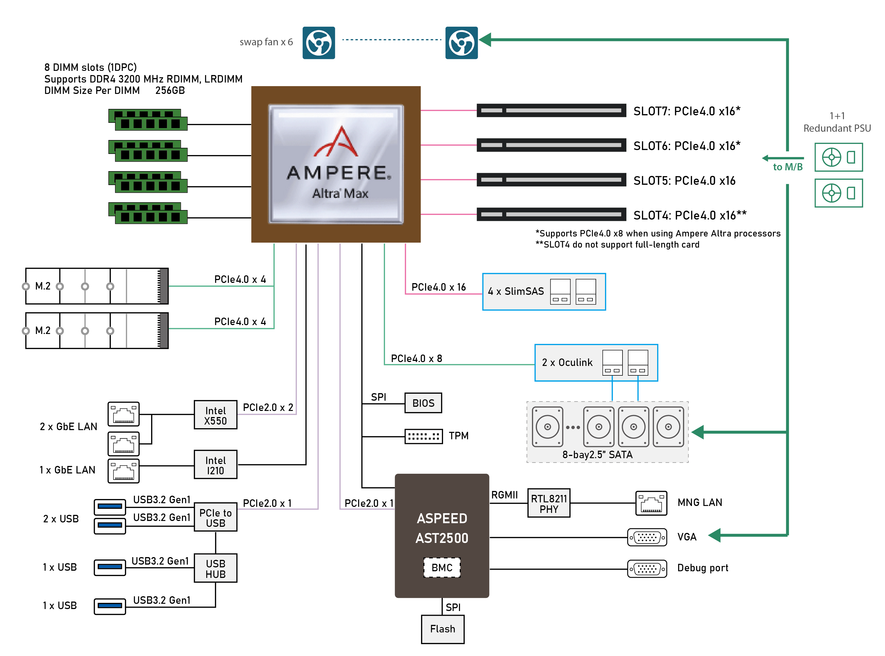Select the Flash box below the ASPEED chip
442,629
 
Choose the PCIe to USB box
215,517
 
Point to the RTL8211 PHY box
549,503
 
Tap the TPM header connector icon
423,436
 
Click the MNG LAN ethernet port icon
651,503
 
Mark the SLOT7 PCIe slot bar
551,110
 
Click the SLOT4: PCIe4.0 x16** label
690,215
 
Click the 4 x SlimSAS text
515,291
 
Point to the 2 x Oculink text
567,363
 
